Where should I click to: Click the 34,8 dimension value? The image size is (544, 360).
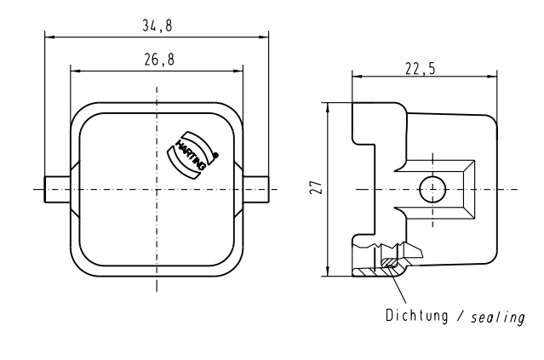point(156,26)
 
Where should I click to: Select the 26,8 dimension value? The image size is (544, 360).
point(156,60)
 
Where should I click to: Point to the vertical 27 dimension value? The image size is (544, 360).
point(315,187)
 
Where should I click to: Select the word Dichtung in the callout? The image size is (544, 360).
point(415,317)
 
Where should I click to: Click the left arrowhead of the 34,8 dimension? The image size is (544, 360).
point(49,37)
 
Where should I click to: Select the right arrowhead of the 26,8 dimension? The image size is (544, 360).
point(239,70)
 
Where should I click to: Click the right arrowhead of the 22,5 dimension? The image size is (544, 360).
point(493,77)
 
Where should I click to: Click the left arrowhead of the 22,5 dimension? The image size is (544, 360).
point(355,77)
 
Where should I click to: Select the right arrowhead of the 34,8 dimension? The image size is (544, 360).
point(264,37)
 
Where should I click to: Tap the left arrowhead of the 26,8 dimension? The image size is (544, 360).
point(74,70)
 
